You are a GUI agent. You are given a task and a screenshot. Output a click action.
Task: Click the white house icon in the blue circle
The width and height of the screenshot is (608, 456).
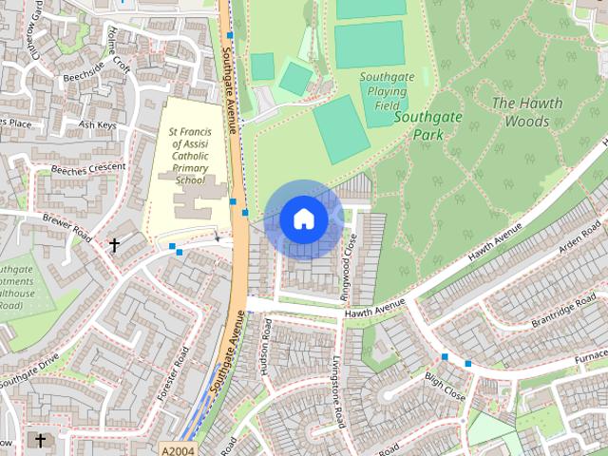(303, 218)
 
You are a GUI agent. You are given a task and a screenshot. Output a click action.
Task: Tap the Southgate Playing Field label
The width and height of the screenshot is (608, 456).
(384, 91)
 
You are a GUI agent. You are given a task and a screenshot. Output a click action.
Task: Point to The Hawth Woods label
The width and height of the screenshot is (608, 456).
(527, 112)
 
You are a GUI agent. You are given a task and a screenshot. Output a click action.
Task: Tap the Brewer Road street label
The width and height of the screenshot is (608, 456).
(67, 225)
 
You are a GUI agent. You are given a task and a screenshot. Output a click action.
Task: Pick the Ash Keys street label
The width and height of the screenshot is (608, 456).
(97, 124)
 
